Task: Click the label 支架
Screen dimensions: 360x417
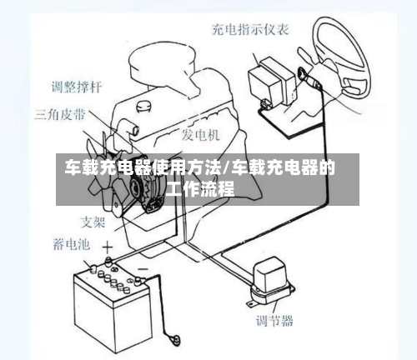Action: [x=93, y=222]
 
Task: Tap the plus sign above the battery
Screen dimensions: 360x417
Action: [x=107, y=247]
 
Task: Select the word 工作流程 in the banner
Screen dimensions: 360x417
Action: [x=200, y=189]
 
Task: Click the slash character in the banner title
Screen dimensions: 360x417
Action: [x=227, y=169]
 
